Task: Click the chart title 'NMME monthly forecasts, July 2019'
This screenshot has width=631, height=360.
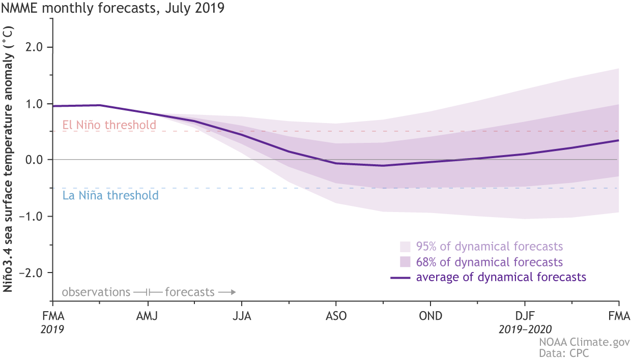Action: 112,8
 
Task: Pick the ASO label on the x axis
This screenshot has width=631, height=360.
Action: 336,316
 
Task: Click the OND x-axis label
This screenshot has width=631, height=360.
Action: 430,316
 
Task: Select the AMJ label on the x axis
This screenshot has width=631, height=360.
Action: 147,316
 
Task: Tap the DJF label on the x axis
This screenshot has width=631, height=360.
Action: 524,316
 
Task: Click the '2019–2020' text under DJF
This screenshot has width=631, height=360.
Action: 524,329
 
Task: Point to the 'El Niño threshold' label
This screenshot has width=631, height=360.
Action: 109,125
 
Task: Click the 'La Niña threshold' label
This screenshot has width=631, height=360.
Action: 110,195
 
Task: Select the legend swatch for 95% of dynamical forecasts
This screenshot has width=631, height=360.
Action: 405,247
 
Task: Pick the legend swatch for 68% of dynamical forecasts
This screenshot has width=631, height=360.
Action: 405,262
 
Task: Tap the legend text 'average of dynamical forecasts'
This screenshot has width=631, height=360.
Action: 501,278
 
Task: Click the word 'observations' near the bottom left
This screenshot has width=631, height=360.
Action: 96,292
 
